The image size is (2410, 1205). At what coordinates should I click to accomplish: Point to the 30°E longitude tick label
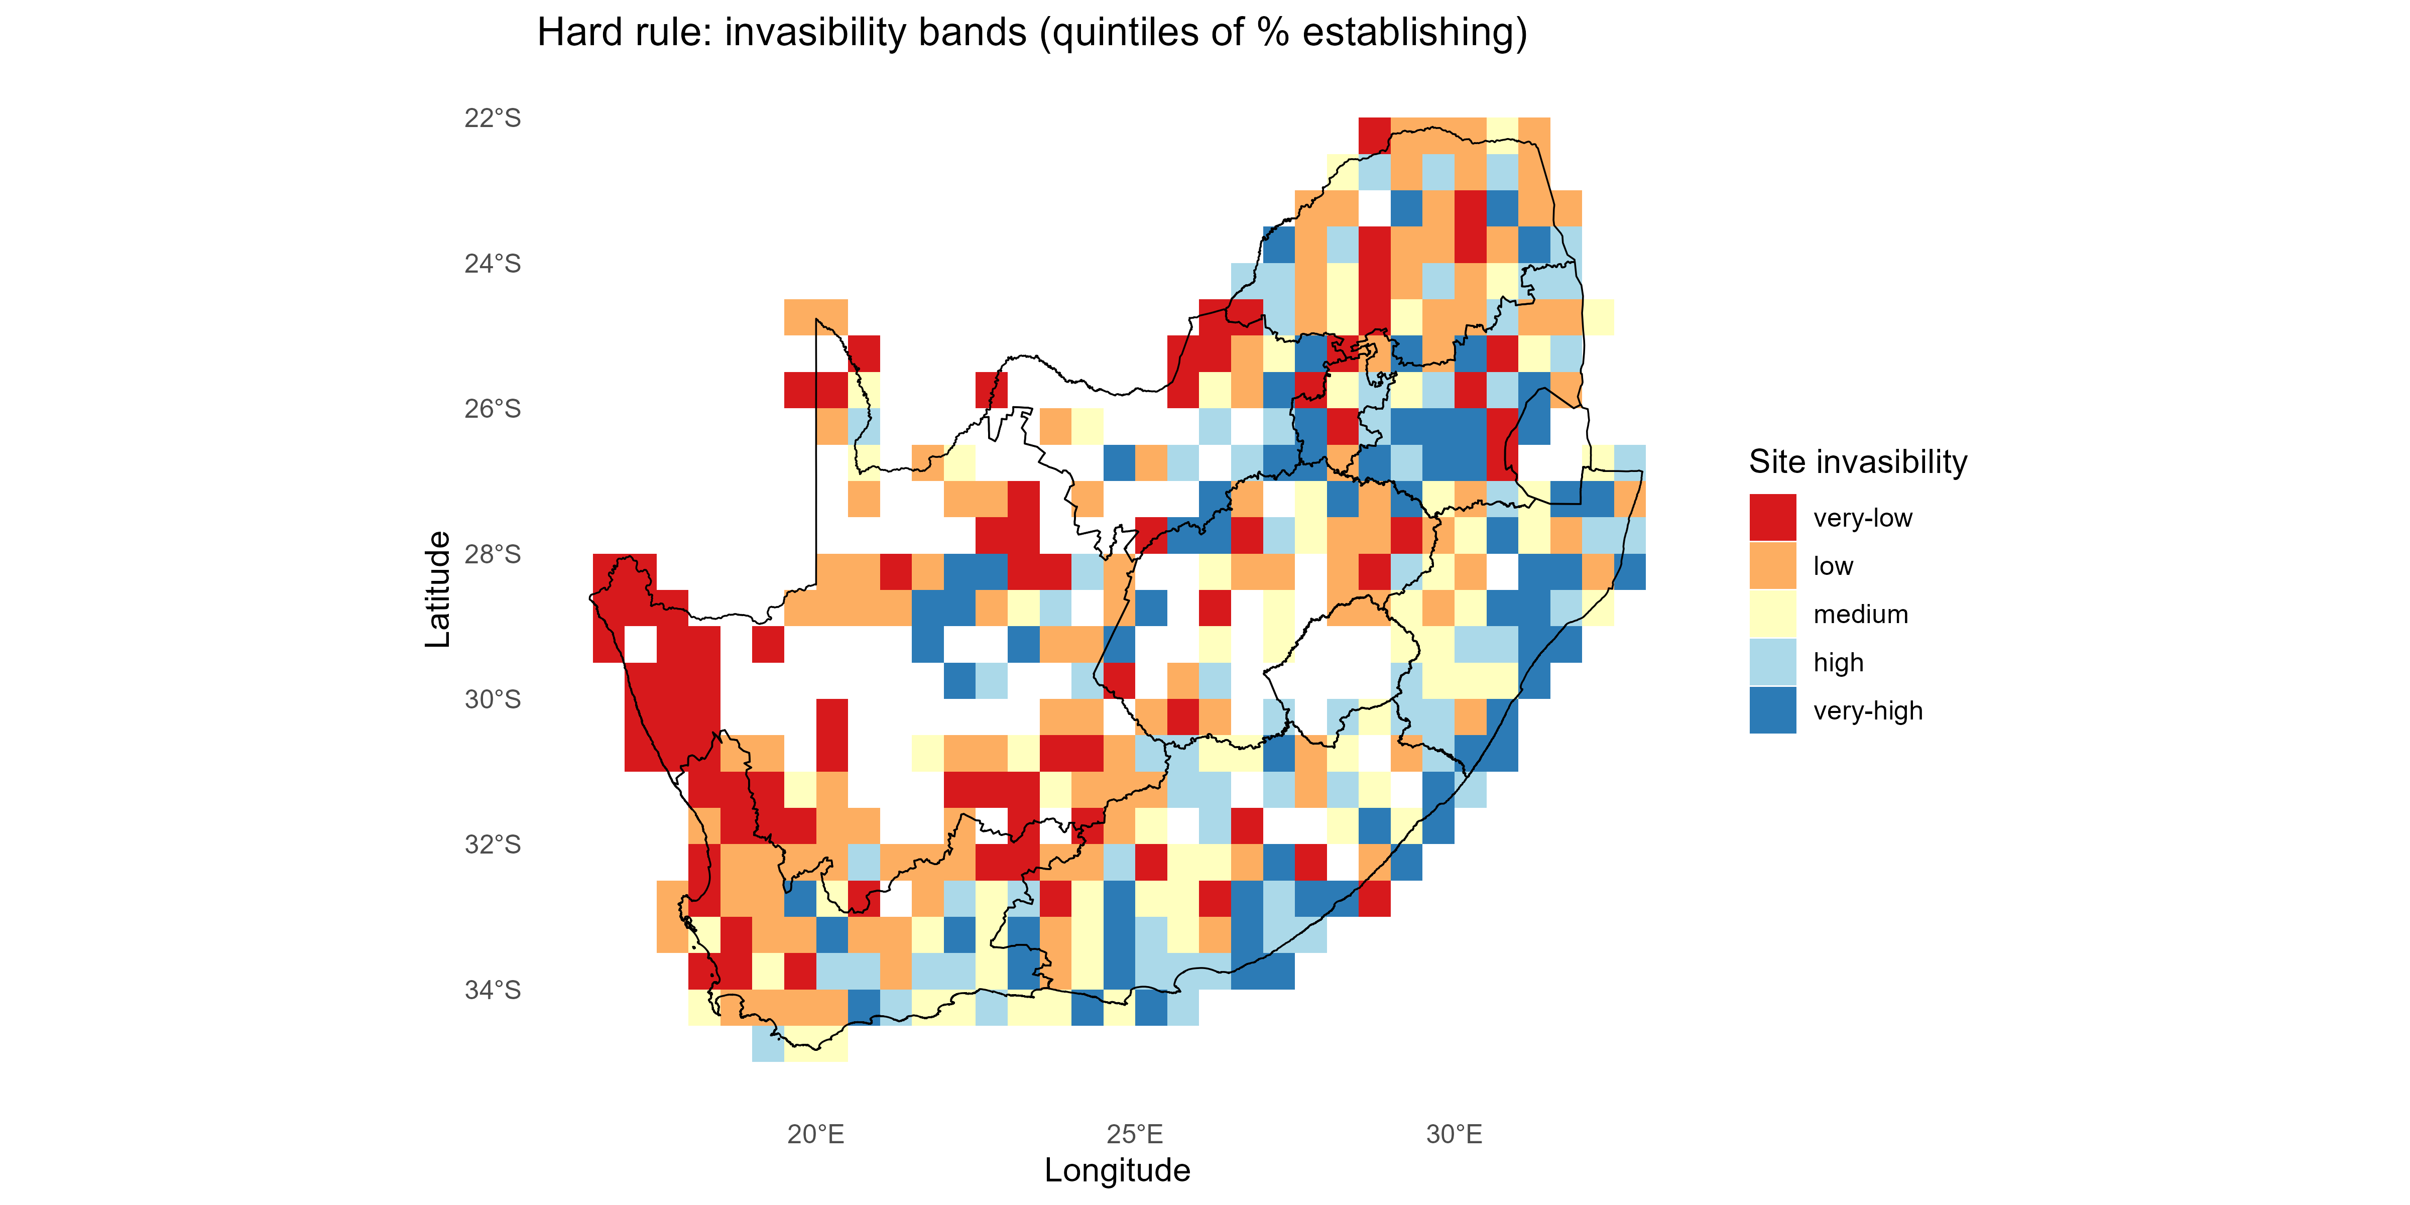click(x=1454, y=1135)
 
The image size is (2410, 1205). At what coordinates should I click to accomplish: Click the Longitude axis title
click(x=1117, y=1170)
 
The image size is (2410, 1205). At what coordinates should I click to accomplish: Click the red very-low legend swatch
click(x=1772, y=517)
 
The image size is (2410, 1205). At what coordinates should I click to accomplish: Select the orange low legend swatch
click(x=1772, y=566)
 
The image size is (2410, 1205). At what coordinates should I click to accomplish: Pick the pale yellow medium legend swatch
click(x=1772, y=615)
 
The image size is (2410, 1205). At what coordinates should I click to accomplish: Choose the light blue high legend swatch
click(x=1772, y=662)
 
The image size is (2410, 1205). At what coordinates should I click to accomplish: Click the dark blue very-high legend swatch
click(x=1772, y=711)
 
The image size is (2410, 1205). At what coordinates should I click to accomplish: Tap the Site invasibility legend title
click(x=1857, y=462)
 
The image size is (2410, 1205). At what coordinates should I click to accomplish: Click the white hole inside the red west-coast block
click(x=640, y=645)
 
